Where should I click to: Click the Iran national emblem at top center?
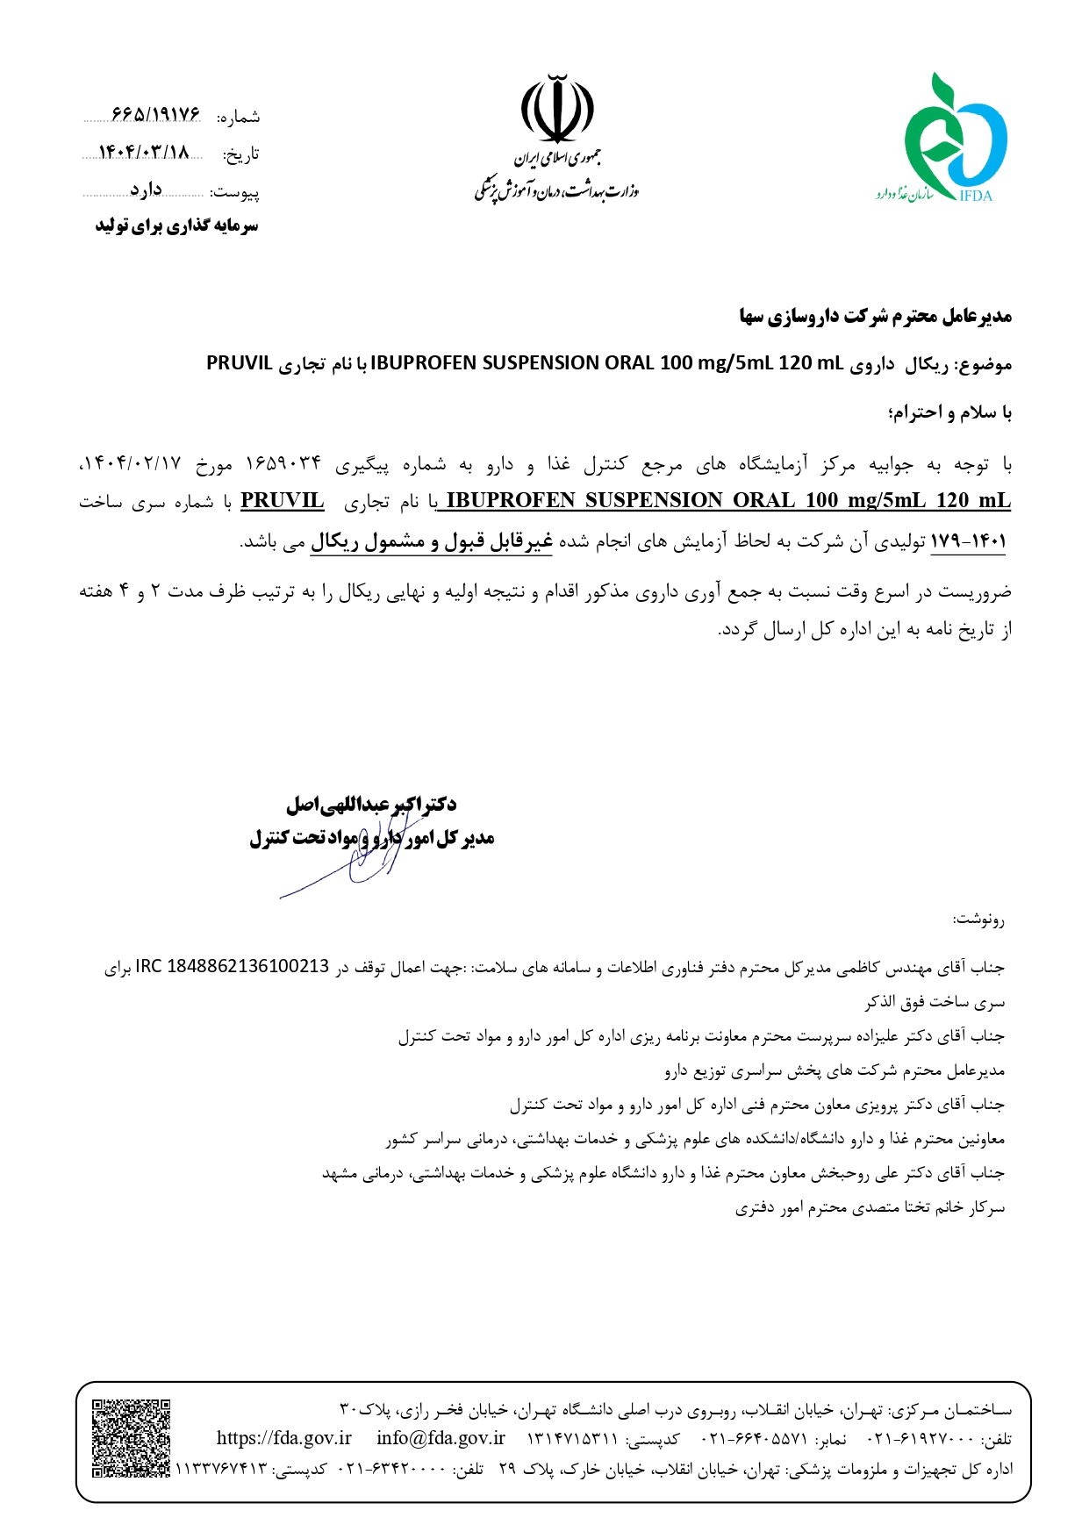(557, 110)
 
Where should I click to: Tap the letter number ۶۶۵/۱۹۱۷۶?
(156, 115)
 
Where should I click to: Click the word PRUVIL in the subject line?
(239, 363)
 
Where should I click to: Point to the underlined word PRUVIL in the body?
(282, 501)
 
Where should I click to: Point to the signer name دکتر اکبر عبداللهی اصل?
(371, 804)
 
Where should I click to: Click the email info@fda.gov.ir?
(441, 1438)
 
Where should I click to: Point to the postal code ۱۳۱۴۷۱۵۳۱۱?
(571, 1440)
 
